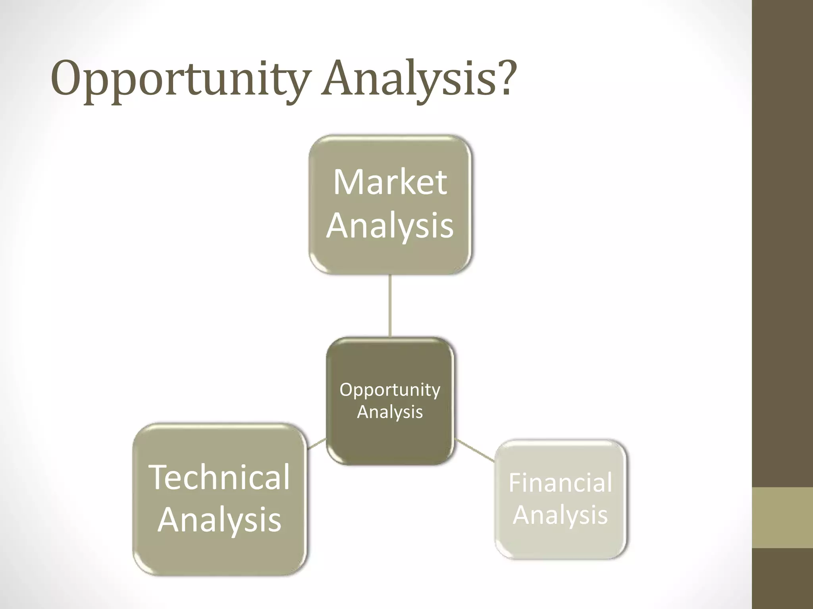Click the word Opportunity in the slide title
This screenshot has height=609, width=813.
[179, 79]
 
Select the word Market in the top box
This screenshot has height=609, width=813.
[390, 182]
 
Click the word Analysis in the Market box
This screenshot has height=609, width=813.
[390, 226]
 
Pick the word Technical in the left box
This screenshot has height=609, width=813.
[219, 477]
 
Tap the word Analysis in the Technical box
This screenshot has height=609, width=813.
[220, 520]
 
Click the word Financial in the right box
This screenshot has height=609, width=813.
[560, 483]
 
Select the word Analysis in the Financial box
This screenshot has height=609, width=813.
[560, 515]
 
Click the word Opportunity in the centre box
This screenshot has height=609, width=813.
[390, 390]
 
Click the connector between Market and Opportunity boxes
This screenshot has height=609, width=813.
[390, 305]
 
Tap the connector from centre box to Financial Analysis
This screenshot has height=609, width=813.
[475, 450]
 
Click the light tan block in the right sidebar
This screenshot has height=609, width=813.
[782, 517]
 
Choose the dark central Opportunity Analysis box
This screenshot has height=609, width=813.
[390, 444]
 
